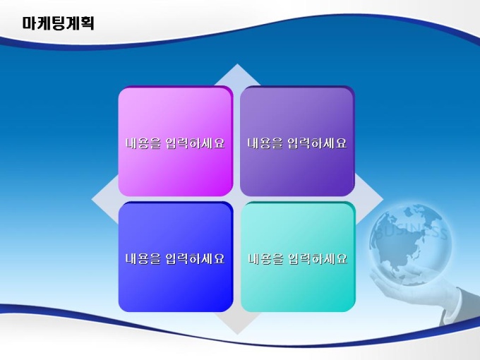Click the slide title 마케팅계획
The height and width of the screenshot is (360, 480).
pyautogui.click(x=58, y=23)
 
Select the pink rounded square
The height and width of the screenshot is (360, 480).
pyautogui.click(x=175, y=141)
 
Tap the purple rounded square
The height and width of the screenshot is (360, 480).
pyautogui.click(x=297, y=141)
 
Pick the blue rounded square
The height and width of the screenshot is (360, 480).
pyautogui.click(x=175, y=257)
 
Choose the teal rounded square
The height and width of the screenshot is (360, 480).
pyautogui.click(x=298, y=257)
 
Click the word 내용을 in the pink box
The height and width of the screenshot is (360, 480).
pyautogui.click(x=143, y=143)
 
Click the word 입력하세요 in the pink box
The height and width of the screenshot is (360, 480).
pyautogui.click(x=195, y=143)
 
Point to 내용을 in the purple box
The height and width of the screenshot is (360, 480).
pyautogui.click(x=265, y=143)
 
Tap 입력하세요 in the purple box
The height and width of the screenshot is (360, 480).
pyautogui.click(x=317, y=143)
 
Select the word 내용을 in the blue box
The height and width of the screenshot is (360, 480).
pyautogui.click(x=143, y=258)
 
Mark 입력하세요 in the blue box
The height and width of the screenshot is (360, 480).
pyautogui.click(x=195, y=258)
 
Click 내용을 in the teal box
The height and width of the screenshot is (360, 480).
pyautogui.click(x=265, y=259)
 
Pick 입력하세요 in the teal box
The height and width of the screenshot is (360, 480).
pyautogui.click(x=318, y=259)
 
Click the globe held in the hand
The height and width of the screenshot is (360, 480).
pyautogui.click(x=410, y=245)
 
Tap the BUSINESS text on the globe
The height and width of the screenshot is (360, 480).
pyautogui.click(x=411, y=232)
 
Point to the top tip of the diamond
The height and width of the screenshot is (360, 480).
pyautogui.click(x=237, y=64)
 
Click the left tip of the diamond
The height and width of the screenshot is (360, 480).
pyautogui.click(x=92, y=199)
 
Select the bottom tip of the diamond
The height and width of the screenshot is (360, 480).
pyautogui.click(x=237, y=335)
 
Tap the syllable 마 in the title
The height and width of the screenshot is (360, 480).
pyautogui.click(x=30, y=23)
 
